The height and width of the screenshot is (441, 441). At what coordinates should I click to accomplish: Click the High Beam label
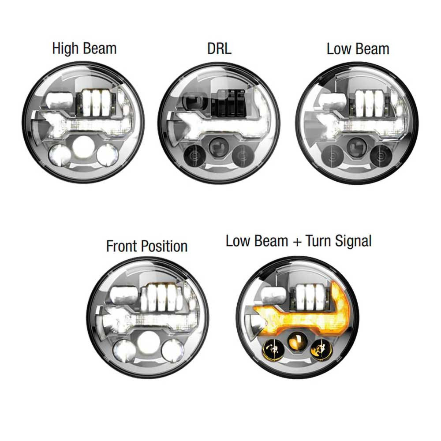click(84, 49)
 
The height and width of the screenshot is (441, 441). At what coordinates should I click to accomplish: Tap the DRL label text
click(219, 49)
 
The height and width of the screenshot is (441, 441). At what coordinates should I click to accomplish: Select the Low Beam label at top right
click(358, 49)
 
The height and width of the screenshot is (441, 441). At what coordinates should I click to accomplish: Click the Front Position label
click(147, 247)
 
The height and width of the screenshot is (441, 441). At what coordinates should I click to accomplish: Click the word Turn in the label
click(319, 241)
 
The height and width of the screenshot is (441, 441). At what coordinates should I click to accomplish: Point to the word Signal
click(354, 242)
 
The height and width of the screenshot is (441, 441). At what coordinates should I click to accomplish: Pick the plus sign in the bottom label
click(297, 242)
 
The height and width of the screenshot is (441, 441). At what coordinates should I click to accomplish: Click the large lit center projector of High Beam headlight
click(83, 148)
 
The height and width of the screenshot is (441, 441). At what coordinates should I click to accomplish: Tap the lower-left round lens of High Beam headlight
click(60, 155)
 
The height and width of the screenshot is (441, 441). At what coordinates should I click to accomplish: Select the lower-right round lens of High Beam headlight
click(107, 154)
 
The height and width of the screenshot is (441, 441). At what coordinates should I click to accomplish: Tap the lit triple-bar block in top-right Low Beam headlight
click(368, 103)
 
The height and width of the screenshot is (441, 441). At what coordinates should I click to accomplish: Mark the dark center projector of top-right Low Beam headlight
click(357, 147)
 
